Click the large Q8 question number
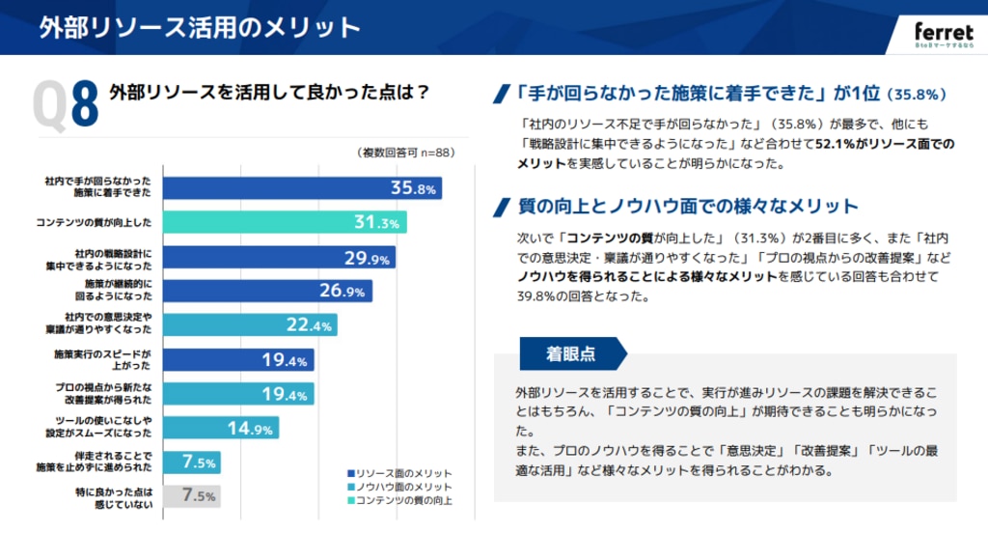click(x=67, y=104)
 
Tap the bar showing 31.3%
click(x=285, y=222)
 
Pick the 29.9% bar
click(x=279, y=258)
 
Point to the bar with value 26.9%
click(x=267, y=291)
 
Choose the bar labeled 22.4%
click(x=250, y=324)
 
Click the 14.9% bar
click(x=221, y=428)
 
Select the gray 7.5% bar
click(x=192, y=496)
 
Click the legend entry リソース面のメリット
click(x=398, y=473)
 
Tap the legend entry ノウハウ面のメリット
click(x=398, y=487)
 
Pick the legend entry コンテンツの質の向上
click(x=398, y=500)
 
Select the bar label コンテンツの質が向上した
click(x=94, y=223)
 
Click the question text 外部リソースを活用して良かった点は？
click(x=269, y=93)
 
